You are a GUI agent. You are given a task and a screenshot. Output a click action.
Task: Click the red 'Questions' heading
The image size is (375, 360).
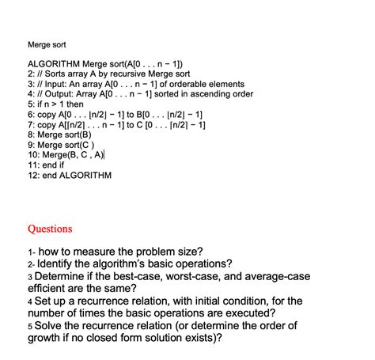(x=50, y=229)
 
